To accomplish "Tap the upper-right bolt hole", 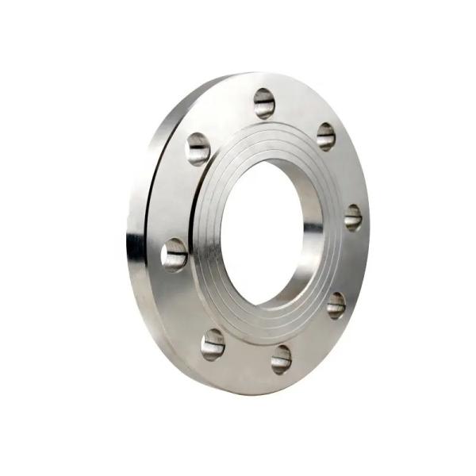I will [326, 136].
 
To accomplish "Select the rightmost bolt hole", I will [353, 217].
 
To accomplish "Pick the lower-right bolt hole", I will [336, 305].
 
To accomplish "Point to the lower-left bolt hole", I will [213, 344].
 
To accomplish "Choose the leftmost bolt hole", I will [175, 254].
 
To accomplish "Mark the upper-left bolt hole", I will [198, 148].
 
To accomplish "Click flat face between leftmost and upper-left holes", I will [176, 198].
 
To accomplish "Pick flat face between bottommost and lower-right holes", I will [313, 340].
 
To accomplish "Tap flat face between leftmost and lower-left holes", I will [184, 305].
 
